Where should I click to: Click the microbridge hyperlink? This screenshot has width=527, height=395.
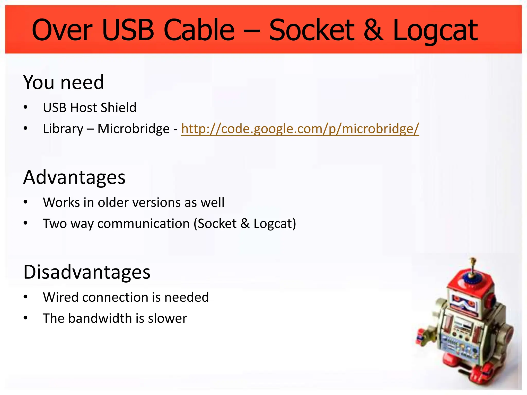pyautogui.click(x=300, y=129)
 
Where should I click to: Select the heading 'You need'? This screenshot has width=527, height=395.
pyautogui.click(x=64, y=82)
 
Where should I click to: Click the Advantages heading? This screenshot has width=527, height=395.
pyautogui.click(x=74, y=177)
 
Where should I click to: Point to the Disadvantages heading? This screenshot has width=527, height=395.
pyautogui.click(x=87, y=272)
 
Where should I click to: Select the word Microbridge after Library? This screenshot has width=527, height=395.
pyautogui.click(x=134, y=129)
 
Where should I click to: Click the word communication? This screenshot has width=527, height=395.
pyautogui.click(x=144, y=223)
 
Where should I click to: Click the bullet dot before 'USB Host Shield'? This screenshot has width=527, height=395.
pyautogui.click(x=25, y=107)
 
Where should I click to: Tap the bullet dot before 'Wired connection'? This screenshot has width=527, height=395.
pyautogui.click(x=25, y=297)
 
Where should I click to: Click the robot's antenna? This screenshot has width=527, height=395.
pyautogui.click(x=472, y=267)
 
